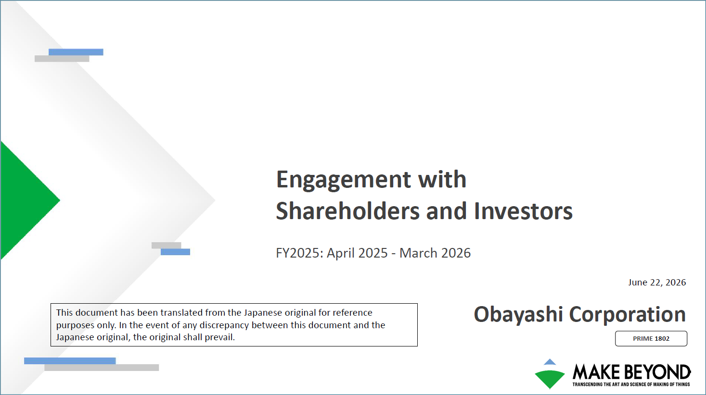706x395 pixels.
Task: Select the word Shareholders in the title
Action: click(x=348, y=211)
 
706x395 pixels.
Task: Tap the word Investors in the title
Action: click(x=523, y=211)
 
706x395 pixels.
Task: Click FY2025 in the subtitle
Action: click(x=299, y=253)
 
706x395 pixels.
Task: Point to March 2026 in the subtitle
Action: click(x=435, y=253)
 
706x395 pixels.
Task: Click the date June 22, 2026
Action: click(x=657, y=283)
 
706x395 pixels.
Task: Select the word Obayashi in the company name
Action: click(x=518, y=314)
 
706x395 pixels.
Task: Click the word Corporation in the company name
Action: click(x=628, y=314)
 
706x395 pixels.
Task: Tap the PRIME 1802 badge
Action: click(x=651, y=339)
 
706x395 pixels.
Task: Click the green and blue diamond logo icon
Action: click(x=550, y=374)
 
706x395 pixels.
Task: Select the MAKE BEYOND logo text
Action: click(x=631, y=372)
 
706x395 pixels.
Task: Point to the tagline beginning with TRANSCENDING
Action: click(x=631, y=384)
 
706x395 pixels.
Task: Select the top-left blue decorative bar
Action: click(x=76, y=52)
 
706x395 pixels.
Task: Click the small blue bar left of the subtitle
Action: click(x=176, y=252)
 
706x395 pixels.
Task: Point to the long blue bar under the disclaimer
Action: click(x=70, y=361)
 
